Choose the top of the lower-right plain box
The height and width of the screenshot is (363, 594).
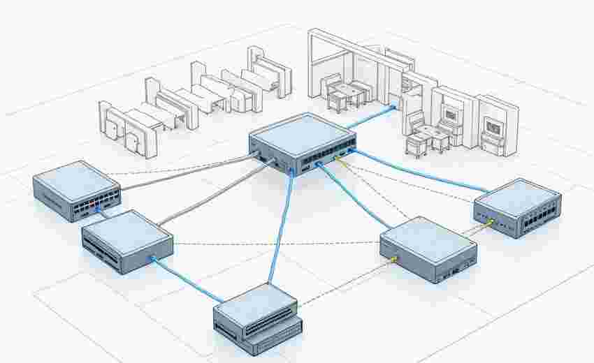pyautogui.click(x=428, y=237)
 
